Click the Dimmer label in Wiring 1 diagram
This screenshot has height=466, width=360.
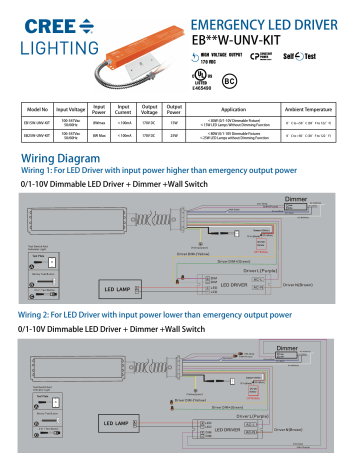tap(296, 197)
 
